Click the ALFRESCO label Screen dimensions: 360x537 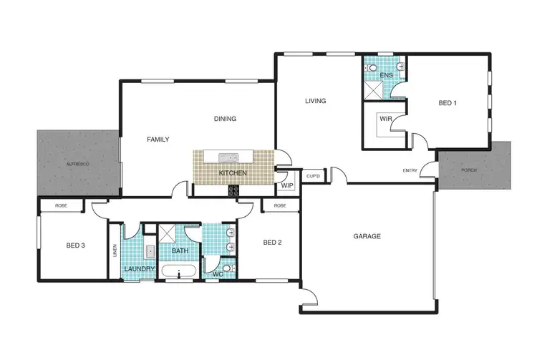(x=77, y=165)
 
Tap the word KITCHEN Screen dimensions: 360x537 (x=233, y=174)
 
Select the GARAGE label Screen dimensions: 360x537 (x=366, y=236)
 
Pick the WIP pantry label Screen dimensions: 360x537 (x=287, y=186)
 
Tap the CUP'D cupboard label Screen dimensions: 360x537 (x=312, y=175)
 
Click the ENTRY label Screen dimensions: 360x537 (x=410, y=170)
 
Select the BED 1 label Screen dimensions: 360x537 (x=447, y=103)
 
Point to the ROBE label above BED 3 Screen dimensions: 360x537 (x=60, y=205)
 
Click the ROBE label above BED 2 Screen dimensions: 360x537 (x=280, y=205)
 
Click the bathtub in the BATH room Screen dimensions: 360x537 (x=178, y=272)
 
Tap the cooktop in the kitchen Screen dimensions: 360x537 (x=233, y=190)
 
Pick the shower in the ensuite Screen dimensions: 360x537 (x=373, y=89)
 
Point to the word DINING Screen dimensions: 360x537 (x=225, y=119)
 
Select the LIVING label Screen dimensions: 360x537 (x=315, y=101)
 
